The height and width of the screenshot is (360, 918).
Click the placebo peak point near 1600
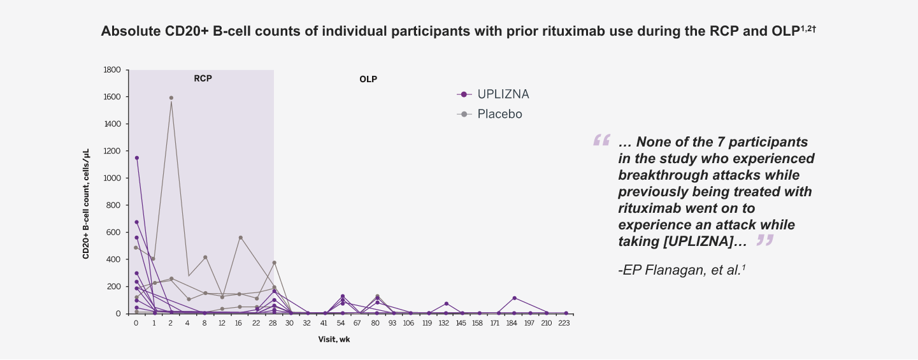click(171, 97)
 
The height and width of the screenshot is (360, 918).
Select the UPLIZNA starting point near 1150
click(136, 157)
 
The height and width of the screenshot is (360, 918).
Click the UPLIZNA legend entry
click(503, 94)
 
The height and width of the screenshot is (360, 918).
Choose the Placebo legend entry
click(499, 114)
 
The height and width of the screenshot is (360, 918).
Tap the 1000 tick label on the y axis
click(112, 178)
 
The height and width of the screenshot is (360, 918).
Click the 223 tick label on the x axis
click(564, 324)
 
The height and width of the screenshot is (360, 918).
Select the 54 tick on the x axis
click(342, 324)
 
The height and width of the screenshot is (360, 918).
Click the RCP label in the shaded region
click(203, 79)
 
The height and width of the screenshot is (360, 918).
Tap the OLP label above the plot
click(368, 80)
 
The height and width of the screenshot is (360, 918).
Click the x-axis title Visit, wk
click(334, 340)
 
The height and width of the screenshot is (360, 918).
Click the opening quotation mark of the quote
click(601, 141)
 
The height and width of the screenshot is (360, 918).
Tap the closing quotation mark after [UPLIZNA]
click(764, 240)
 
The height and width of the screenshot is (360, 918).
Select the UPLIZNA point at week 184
click(514, 298)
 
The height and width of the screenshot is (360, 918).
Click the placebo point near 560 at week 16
click(240, 238)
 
